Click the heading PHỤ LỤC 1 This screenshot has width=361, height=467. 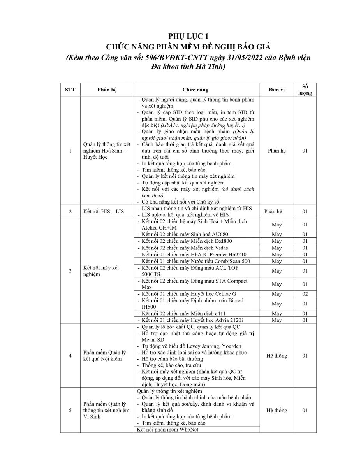click(x=180, y=37)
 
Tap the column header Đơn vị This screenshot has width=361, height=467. click(x=276, y=90)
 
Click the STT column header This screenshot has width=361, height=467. click(x=70, y=90)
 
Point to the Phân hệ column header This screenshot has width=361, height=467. click(x=107, y=90)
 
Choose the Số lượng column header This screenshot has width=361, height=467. click(x=305, y=90)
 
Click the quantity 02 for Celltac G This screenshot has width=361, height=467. click(x=305, y=294)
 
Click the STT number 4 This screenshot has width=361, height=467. click(x=70, y=355)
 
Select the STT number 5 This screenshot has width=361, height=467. click(x=70, y=410)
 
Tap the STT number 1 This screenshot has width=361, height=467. click(x=70, y=151)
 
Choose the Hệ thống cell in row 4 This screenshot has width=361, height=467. click(x=276, y=355)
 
